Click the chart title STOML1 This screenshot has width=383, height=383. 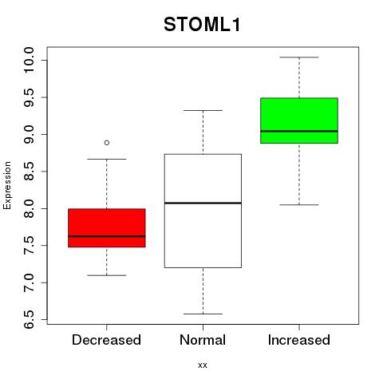202,25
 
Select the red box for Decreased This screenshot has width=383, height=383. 107,228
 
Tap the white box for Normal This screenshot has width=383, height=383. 203,211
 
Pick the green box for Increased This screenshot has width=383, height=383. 299,120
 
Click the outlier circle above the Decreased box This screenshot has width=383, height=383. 107,143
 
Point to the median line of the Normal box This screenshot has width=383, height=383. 203,203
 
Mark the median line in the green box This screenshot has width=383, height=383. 299,131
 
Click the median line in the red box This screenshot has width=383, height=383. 107,236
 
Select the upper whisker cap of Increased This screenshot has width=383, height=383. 299,57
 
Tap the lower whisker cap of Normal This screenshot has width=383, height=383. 203,314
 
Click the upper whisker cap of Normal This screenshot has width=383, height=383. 203,110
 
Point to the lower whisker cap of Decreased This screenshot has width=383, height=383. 107,275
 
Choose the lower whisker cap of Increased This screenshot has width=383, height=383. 299,205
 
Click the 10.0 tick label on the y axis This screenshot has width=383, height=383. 29,60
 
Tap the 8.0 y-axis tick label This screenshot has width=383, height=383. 29,208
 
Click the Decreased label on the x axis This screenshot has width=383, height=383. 106,340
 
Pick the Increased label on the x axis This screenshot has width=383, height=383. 299,340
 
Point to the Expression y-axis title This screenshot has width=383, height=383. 7,185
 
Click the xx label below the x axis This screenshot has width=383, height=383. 203,365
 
